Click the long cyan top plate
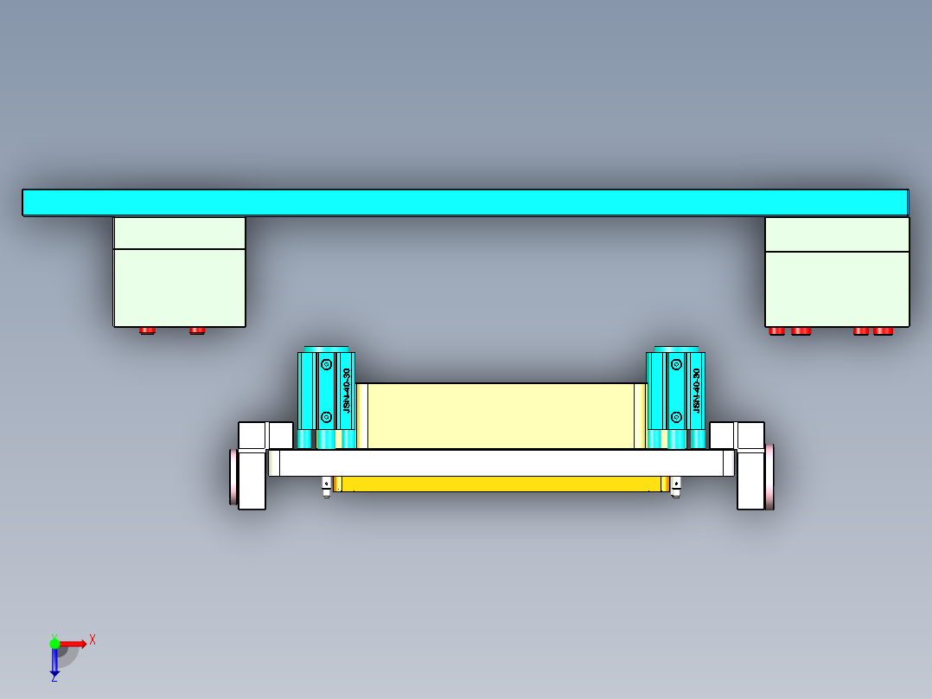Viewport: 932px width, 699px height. coord(465,202)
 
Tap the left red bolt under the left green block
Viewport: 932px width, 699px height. coord(148,330)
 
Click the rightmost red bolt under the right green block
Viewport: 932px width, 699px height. coord(883,330)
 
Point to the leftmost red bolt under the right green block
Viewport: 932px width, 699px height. coord(776,330)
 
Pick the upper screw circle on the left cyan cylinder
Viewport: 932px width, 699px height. coord(326,365)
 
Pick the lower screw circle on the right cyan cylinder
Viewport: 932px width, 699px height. coord(675,418)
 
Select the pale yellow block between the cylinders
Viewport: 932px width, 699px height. coord(501,415)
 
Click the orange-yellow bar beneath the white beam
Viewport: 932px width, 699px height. coord(501,484)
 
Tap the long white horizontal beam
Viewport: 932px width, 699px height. coord(501,463)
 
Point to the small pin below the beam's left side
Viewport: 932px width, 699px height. coord(326,486)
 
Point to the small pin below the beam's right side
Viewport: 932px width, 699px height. coord(675,486)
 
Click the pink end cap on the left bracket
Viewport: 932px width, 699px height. coord(233,476)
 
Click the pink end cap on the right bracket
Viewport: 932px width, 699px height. coord(769,476)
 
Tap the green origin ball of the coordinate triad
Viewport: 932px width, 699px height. coord(54,644)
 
